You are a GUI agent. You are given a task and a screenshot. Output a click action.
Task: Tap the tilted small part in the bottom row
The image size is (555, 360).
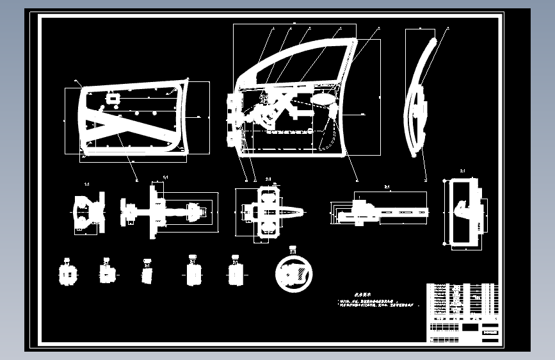tap(147, 274)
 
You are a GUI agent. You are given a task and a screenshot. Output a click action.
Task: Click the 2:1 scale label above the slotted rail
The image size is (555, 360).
tap(387, 187)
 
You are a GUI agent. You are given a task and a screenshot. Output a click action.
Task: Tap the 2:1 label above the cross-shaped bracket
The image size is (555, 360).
tap(268, 179)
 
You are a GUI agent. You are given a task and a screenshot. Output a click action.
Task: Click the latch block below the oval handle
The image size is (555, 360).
tap(334, 111)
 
